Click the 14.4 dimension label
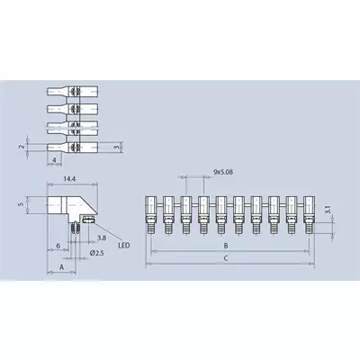(x=69, y=179)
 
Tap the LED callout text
(x=124, y=246)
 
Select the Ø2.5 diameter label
(x=96, y=253)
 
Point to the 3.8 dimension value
(x=102, y=238)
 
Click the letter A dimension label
(x=62, y=267)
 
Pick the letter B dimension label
(x=226, y=246)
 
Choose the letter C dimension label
(x=226, y=258)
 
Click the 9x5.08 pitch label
(x=223, y=172)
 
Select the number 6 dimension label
(x=58, y=246)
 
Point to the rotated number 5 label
(x=21, y=204)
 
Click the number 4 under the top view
(x=54, y=160)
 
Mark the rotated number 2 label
(x=21, y=147)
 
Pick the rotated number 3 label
(x=118, y=147)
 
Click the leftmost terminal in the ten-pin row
(x=151, y=215)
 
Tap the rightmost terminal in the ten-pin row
(x=309, y=215)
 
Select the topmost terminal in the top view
(x=72, y=91)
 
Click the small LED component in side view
(x=89, y=220)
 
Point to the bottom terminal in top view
(x=72, y=147)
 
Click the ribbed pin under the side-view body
(x=76, y=228)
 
